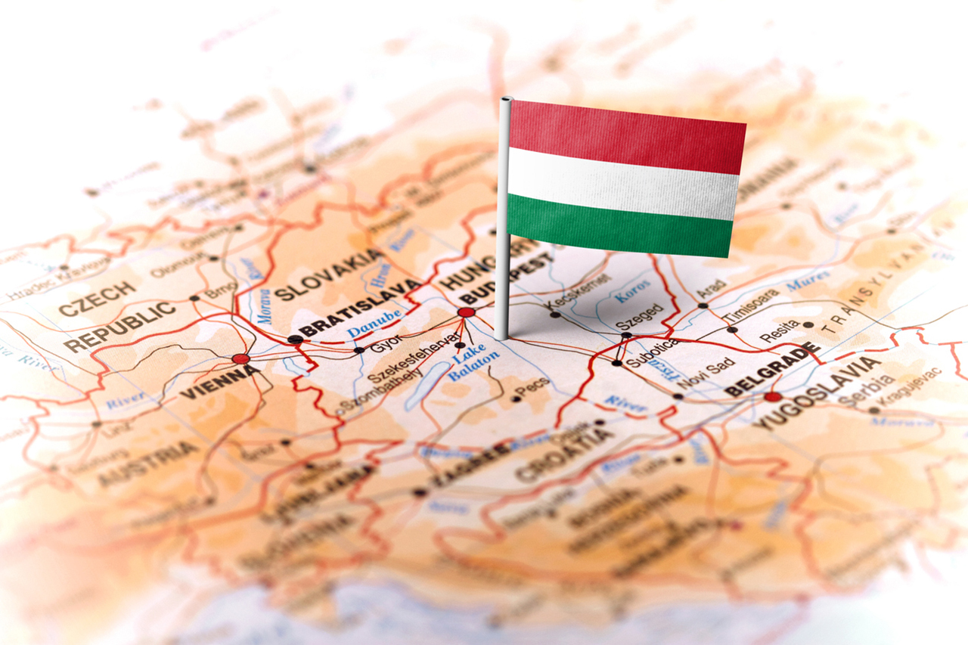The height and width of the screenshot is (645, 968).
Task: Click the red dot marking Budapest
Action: click(x=466, y=312)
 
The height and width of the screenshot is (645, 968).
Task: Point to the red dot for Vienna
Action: click(x=240, y=358)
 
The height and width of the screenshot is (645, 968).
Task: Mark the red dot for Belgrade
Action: click(x=772, y=396)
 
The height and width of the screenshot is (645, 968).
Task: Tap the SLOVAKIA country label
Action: click(x=330, y=275)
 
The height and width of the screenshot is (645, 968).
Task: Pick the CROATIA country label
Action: click(x=564, y=454)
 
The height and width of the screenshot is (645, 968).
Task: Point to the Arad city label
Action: click(x=711, y=289)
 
